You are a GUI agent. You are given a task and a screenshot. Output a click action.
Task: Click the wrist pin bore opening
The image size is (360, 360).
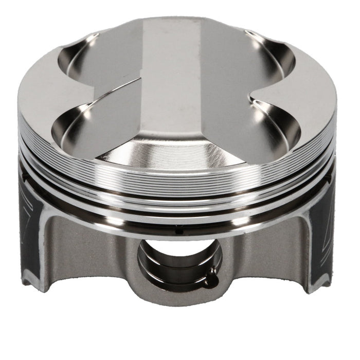177,262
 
